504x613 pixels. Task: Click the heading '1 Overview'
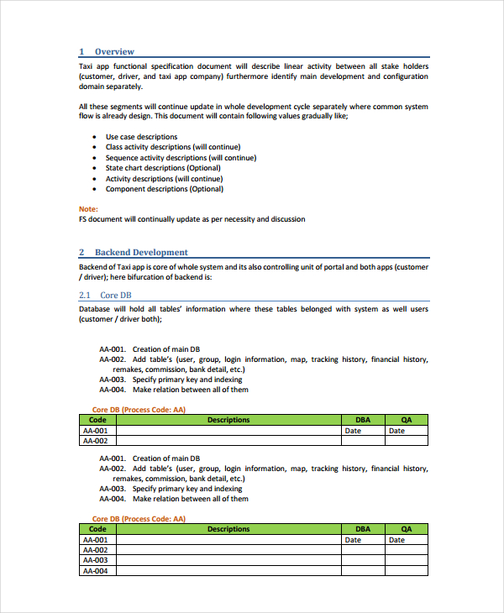point(106,52)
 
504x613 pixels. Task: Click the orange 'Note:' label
point(88,209)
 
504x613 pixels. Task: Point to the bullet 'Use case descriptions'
point(141,137)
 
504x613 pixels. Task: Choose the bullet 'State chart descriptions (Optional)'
point(163,168)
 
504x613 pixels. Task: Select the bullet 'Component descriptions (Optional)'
point(164,189)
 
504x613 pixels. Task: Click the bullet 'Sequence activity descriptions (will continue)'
point(181,158)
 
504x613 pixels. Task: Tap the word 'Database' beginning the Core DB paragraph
point(96,309)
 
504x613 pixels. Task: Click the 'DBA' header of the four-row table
point(363,529)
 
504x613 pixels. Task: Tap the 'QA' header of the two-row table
point(407,420)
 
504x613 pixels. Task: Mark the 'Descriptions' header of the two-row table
point(228,420)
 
